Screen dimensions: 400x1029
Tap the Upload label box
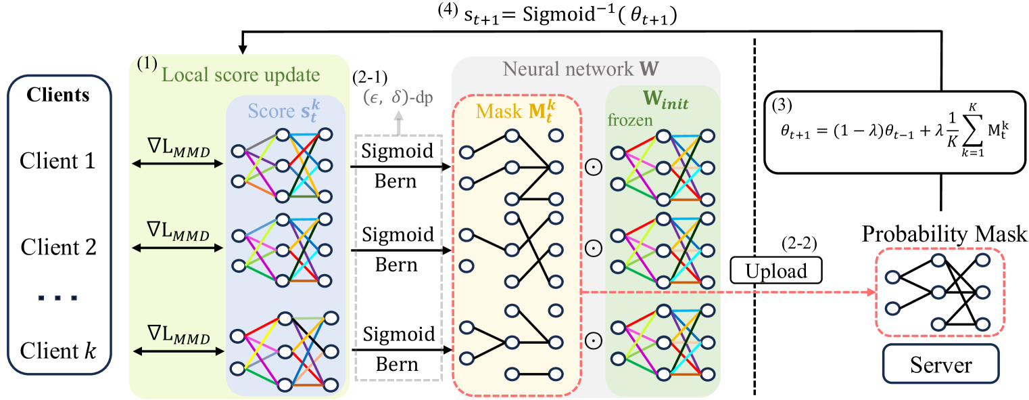[x=777, y=271]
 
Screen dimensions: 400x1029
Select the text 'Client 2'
[x=58, y=247]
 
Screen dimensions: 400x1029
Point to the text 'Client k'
[x=58, y=351]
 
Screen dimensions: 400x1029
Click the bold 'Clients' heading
[x=58, y=95]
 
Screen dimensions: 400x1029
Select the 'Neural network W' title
[x=585, y=70]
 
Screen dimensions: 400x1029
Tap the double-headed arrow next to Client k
[x=178, y=351]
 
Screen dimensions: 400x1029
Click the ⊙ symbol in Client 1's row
[x=592, y=166]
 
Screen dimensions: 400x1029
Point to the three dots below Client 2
[x=58, y=296]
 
